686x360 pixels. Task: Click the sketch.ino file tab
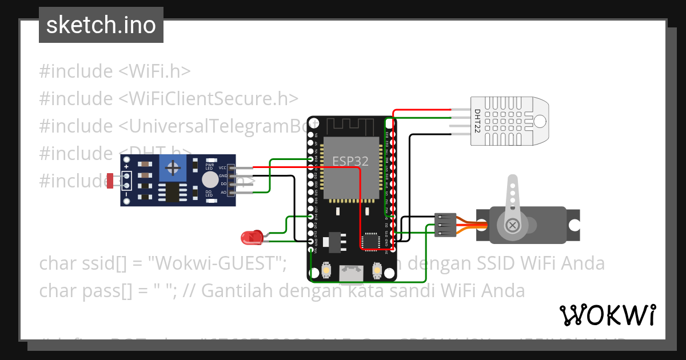(101, 25)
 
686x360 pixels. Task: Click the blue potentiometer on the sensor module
(172, 168)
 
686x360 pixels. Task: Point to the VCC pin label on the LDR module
(222, 168)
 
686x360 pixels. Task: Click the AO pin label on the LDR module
(223, 192)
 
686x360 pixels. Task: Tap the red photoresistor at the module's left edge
(109, 181)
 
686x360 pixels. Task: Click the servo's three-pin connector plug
(445, 225)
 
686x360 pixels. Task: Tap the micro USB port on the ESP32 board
(350, 274)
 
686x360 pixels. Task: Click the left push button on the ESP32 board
(326, 270)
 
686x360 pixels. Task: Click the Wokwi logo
(607, 315)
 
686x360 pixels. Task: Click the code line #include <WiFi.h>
(114, 71)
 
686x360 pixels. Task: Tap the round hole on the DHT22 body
(540, 121)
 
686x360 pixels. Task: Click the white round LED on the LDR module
(210, 180)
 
